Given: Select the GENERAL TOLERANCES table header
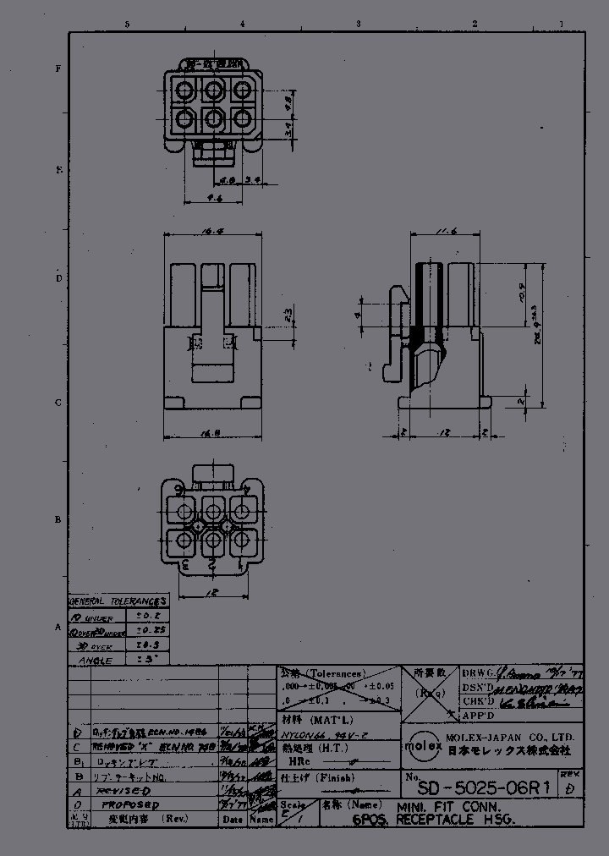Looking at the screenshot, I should pos(118,601).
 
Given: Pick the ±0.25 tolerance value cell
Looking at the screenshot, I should pos(145,631).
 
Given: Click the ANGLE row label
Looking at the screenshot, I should pos(96,660).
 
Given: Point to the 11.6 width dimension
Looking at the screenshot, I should pos(436,232).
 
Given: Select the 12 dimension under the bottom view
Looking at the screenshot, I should pos(212,592).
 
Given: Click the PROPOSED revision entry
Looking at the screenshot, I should pos(129,805).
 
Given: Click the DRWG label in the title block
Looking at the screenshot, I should pos(475,672).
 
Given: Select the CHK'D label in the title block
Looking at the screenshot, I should pos(479,702).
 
